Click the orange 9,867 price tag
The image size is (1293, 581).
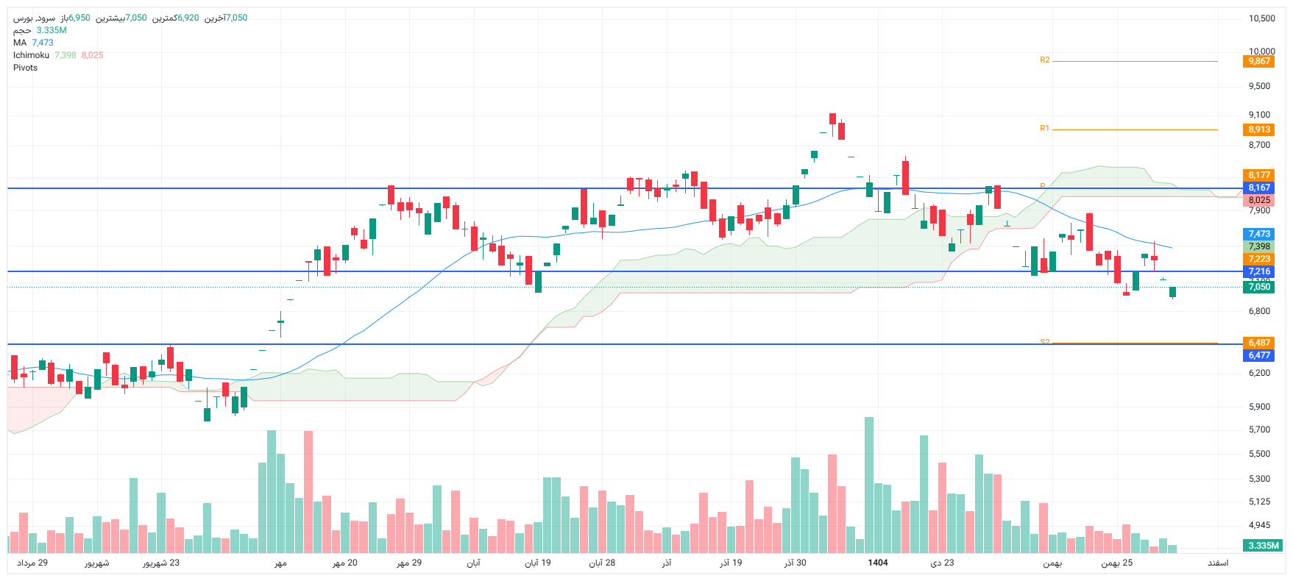(x=1259, y=61)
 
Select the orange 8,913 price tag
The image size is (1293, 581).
(x=1259, y=129)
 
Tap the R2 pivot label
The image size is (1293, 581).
(x=1044, y=60)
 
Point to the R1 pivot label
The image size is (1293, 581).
(x=1044, y=129)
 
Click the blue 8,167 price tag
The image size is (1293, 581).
(x=1259, y=188)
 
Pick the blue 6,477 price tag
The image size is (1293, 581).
(x=1259, y=355)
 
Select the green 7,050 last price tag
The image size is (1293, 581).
(x=1259, y=287)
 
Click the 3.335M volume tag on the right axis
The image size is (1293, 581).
(x=1264, y=546)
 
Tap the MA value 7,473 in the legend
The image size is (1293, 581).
(x=43, y=43)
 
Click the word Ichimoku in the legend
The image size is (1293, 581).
(x=31, y=55)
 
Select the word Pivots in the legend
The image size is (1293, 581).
(x=25, y=68)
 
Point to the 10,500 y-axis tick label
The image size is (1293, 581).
(x=1261, y=18)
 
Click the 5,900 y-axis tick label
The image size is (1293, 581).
(x=1259, y=407)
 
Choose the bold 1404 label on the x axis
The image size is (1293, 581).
(x=877, y=563)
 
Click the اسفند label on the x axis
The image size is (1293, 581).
(x=1217, y=563)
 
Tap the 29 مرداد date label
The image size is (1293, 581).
(x=32, y=563)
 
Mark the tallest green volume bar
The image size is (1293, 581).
(x=869, y=485)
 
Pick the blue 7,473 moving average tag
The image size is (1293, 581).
(x=1259, y=234)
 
